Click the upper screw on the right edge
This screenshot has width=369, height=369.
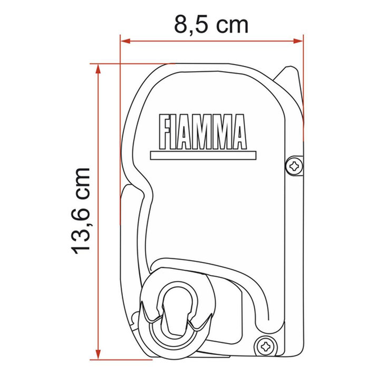(294, 166)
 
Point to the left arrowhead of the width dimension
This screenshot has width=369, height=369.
(124, 40)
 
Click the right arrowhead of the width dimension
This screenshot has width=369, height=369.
(300, 40)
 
